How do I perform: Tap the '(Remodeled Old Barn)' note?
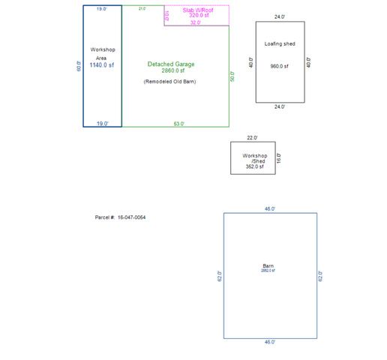(x=169, y=81)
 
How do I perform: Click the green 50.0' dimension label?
(x=232, y=76)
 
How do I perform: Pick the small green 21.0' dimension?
(x=142, y=8)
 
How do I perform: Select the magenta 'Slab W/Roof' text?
(x=197, y=9)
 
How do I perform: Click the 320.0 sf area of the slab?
(x=198, y=15)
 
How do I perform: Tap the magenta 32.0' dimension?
(x=196, y=23)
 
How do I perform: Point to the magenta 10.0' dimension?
(x=167, y=15)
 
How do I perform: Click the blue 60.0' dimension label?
(x=78, y=66)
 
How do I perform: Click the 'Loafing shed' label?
(x=280, y=43)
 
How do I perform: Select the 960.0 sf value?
(x=280, y=66)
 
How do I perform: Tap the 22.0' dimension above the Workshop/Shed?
(x=252, y=137)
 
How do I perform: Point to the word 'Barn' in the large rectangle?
(x=268, y=265)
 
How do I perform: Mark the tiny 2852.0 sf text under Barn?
(x=268, y=271)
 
